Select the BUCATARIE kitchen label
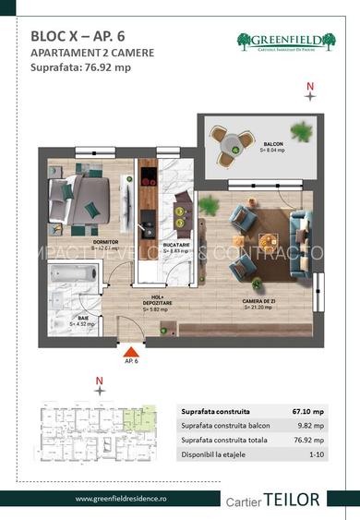pos(176,247)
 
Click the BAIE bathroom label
pos(83,320)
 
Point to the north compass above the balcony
pos(311,90)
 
